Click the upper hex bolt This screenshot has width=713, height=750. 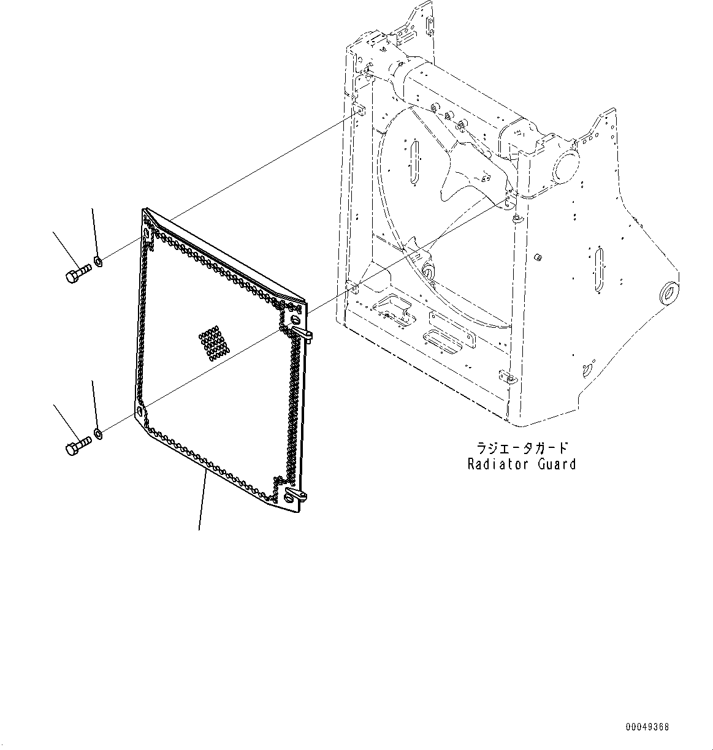click(77, 273)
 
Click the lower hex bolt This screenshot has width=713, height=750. click(77, 446)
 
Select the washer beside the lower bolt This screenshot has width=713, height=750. click(98, 435)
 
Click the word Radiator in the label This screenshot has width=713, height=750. click(496, 464)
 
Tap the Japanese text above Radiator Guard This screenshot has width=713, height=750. click(521, 447)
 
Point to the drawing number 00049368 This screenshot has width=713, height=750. click(647, 727)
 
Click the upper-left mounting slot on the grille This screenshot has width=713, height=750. click(146, 233)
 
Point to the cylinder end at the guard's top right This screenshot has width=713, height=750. click(565, 164)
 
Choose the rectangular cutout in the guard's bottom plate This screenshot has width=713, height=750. click(442, 340)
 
